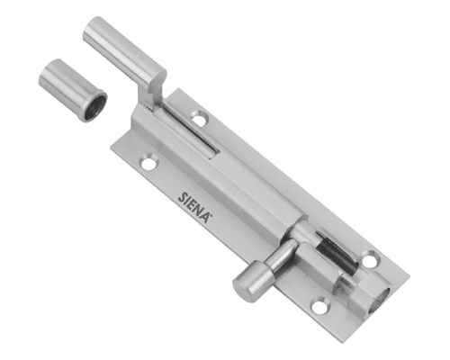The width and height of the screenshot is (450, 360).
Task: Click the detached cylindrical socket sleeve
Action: [x=73, y=90]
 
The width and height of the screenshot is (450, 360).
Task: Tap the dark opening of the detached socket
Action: [x=94, y=106]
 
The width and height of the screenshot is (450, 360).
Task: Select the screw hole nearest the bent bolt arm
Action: [x=199, y=118]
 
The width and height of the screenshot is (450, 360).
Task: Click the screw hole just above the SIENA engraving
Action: [x=149, y=162]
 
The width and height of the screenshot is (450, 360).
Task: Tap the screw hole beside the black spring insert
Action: [x=371, y=259]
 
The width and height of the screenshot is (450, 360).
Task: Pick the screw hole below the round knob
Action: [x=319, y=305]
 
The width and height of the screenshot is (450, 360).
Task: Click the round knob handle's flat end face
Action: [x=242, y=288]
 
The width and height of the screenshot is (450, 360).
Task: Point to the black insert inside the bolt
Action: [x=337, y=252]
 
